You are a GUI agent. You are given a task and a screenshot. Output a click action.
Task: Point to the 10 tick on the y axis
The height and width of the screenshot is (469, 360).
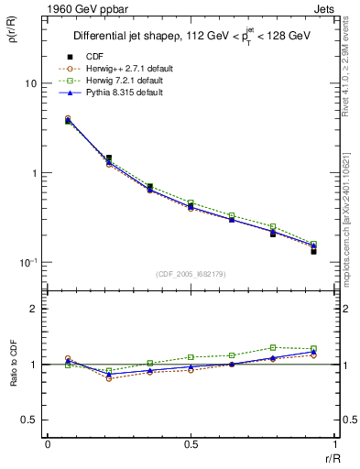tap(29, 83)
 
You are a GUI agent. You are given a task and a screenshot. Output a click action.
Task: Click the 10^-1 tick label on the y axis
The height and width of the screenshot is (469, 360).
tap(27, 263)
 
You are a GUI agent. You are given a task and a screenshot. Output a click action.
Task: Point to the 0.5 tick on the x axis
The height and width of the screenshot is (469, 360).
tap(191, 444)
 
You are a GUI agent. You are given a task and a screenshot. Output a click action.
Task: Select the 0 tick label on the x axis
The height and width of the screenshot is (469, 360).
tap(48, 444)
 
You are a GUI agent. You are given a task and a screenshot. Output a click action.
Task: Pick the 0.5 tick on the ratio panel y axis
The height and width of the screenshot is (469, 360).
tap(28, 420)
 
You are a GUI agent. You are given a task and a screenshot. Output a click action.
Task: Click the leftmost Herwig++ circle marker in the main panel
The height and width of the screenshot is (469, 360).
tap(68, 118)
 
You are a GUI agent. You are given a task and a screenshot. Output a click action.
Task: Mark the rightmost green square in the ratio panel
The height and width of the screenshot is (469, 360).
tap(314, 348)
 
